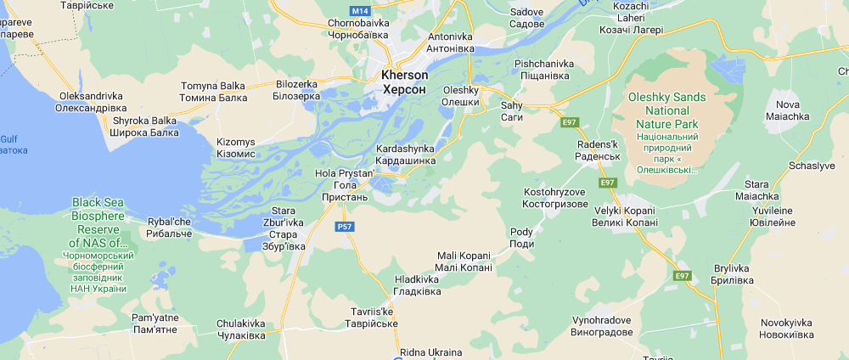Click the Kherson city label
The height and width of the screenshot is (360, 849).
point(405,82)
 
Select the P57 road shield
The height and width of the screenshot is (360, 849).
point(345,227)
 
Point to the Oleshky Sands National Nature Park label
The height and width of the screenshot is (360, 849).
point(666,110)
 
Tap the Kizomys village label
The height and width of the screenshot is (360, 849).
point(236,147)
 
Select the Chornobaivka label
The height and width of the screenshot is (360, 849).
point(357,29)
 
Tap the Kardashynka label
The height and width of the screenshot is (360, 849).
point(406,155)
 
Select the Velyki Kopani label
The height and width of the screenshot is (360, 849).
point(624,217)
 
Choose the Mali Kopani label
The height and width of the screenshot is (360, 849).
point(464,262)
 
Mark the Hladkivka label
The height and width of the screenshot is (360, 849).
point(418,285)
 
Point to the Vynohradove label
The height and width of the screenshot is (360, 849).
point(602,326)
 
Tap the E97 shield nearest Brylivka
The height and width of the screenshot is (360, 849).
point(682,276)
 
